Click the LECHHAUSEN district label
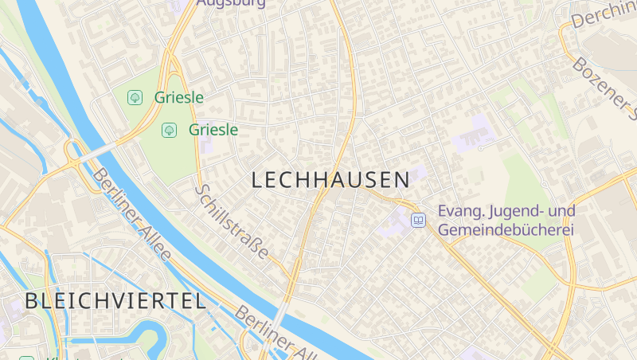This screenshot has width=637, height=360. [330, 180]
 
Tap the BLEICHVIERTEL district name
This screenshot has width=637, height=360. [115, 301]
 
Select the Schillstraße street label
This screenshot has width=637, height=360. [232, 222]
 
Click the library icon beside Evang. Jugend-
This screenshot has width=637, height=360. [418, 220]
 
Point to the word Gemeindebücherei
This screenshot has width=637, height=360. [506, 229]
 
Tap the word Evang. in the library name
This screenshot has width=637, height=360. [461, 212]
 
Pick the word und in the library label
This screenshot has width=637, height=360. [563, 212]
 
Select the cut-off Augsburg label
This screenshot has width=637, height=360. [230, 3]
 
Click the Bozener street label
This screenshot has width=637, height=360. [605, 88]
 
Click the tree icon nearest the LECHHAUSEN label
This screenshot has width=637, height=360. [169, 129]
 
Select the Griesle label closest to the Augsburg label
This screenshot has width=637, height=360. [179, 98]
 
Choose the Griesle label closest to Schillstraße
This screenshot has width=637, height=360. [213, 129]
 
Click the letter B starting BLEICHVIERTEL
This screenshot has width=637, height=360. [31, 301]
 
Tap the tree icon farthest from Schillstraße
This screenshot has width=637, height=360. [135, 98]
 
